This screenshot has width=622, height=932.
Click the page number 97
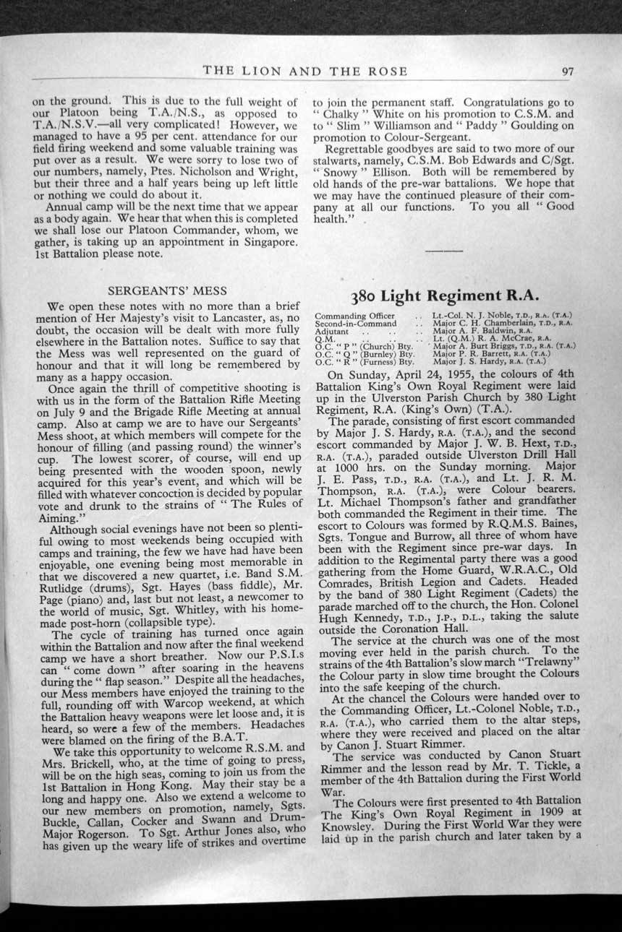click(567, 71)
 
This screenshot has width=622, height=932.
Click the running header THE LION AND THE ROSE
click(305, 71)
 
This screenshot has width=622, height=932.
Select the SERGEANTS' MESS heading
click(166, 291)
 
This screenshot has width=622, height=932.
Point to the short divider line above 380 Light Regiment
click(444, 249)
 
